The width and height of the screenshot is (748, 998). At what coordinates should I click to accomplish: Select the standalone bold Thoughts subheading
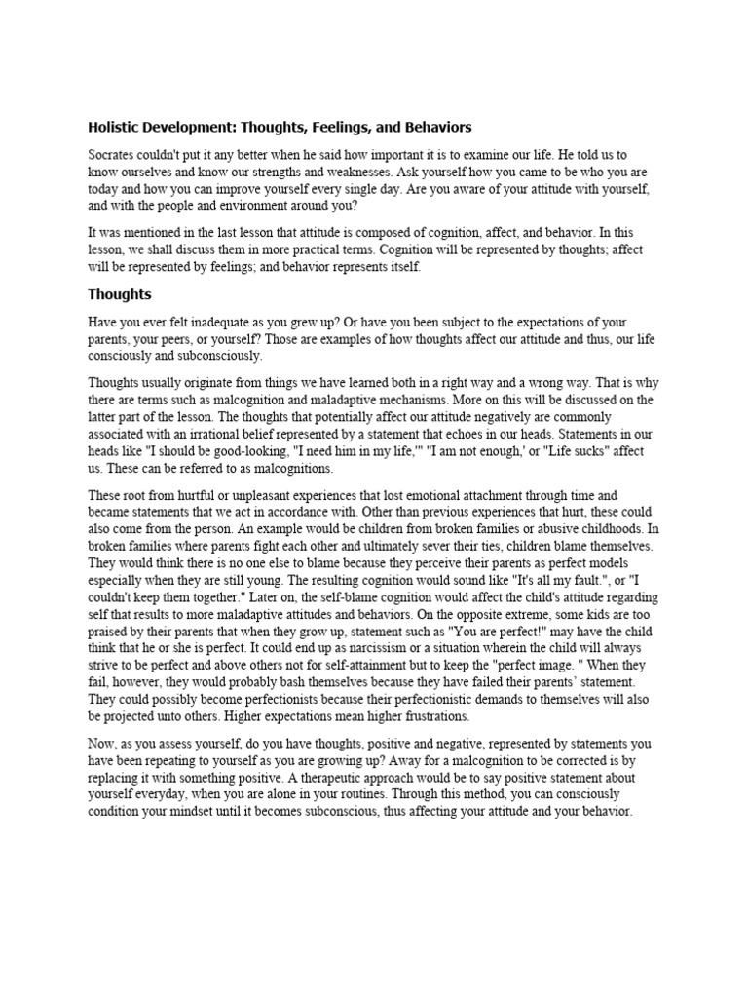pyautogui.click(x=120, y=293)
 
